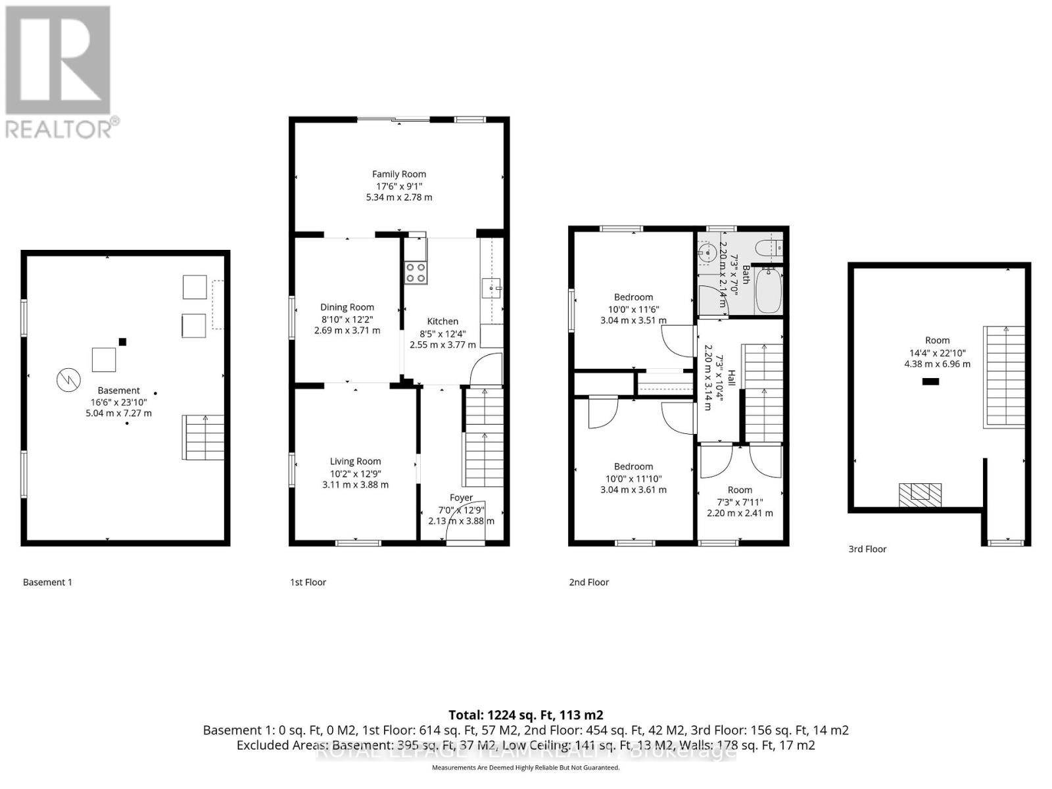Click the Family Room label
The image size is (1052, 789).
(399, 174)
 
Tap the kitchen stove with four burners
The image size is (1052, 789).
(416, 272)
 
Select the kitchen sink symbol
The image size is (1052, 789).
(491, 288)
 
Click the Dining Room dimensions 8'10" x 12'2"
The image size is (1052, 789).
(347, 319)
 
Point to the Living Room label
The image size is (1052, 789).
(355, 462)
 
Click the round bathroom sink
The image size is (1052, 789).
(707, 252)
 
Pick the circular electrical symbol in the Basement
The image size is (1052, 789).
(68, 380)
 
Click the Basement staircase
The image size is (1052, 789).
(203, 437)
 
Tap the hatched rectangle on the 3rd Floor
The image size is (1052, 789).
(920, 495)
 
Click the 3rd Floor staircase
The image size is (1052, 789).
(1004, 377)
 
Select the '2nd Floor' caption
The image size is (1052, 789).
(589, 582)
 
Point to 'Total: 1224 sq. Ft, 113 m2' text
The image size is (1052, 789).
(525, 715)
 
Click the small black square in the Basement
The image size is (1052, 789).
(122, 342)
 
